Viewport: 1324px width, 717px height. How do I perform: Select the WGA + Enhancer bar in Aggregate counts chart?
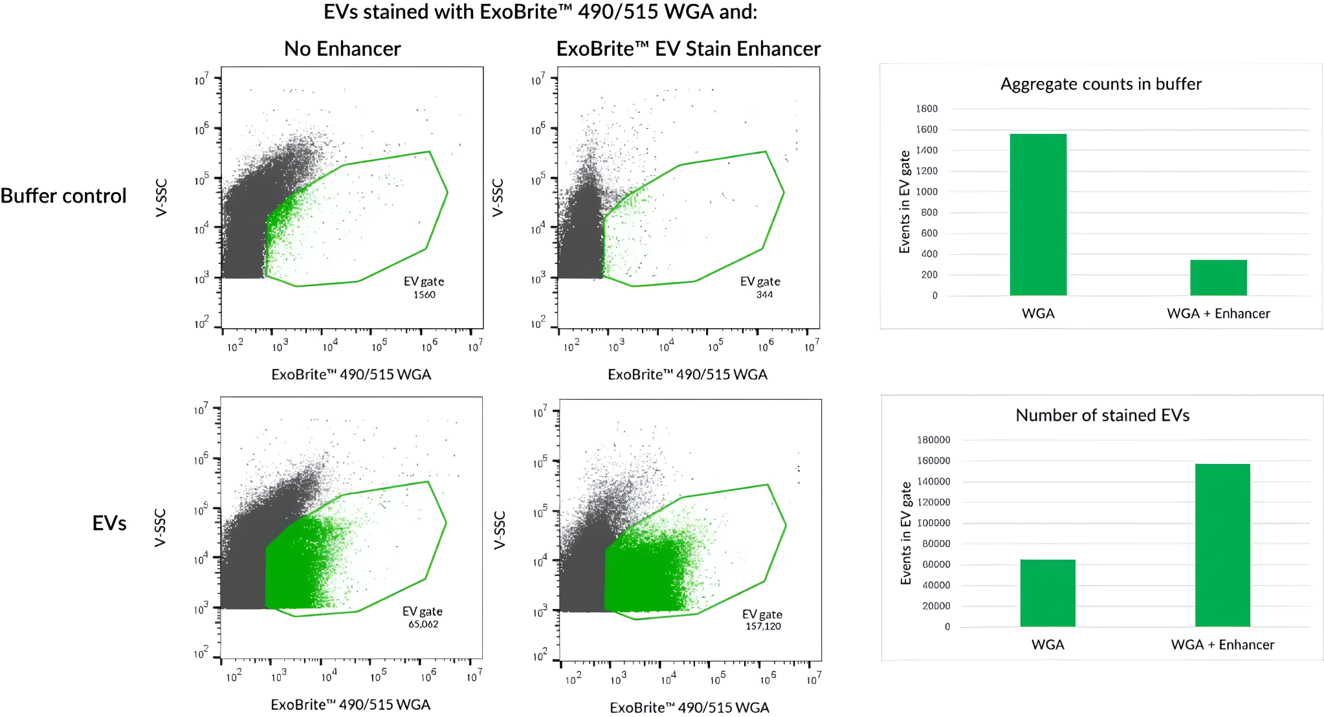click(x=1218, y=278)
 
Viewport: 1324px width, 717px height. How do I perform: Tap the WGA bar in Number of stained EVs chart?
click(x=1048, y=593)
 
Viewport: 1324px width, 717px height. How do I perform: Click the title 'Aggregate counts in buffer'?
click(x=1101, y=84)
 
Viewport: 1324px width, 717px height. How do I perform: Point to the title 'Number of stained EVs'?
click(x=1102, y=415)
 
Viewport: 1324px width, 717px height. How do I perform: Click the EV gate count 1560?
click(x=425, y=295)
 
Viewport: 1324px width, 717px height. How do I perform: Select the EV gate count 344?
click(x=764, y=295)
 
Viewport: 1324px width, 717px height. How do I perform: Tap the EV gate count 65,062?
click(x=423, y=624)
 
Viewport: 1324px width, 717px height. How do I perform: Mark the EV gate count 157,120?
click(x=763, y=626)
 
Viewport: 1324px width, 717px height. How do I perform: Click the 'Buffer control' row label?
click(x=63, y=196)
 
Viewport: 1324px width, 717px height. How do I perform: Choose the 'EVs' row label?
click(x=109, y=523)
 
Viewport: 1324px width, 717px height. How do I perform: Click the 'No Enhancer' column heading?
click(x=342, y=49)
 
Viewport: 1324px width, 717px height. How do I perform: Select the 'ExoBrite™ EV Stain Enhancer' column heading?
click(x=688, y=49)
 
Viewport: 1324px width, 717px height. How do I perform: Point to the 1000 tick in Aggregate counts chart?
click(x=927, y=192)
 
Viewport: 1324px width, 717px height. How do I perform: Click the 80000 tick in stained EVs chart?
click(x=936, y=544)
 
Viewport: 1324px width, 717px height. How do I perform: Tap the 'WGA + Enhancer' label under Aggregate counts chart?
click(x=1218, y=314)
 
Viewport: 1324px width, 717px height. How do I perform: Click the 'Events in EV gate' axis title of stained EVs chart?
click(x=906, y=533)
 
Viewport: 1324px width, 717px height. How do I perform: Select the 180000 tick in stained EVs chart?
click(x=934, y=440)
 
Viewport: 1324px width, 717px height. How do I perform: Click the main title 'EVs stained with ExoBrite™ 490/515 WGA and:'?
click(x=540, y=12)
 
